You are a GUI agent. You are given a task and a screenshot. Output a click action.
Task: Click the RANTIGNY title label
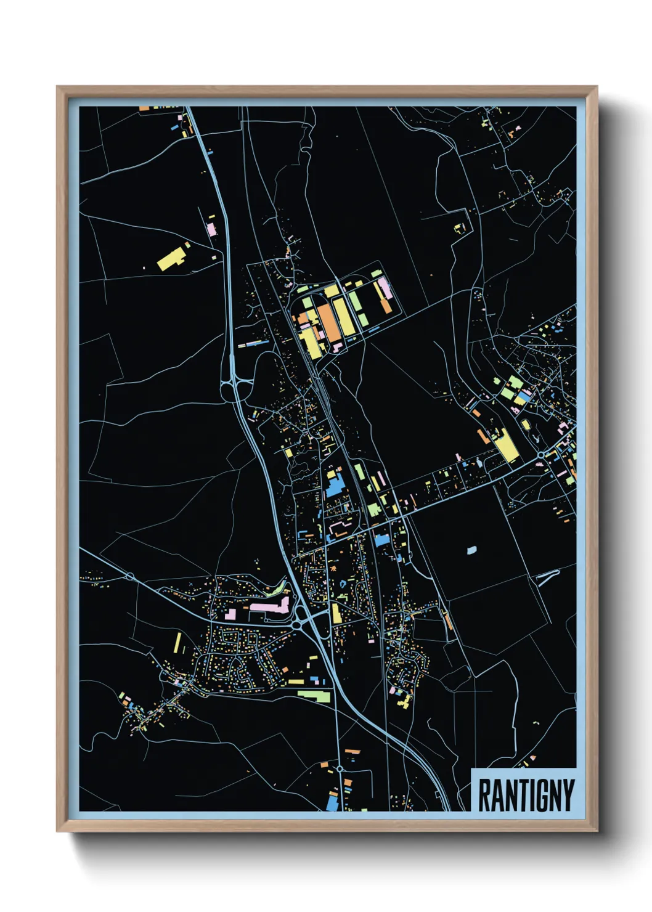[x=525, y=795]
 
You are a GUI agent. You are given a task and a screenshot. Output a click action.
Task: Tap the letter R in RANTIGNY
[x=484, y=796]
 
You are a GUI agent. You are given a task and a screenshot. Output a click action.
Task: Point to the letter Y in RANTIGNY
[x=568, y=796]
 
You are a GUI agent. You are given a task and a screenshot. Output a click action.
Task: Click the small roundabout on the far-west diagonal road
[x=130, y=577]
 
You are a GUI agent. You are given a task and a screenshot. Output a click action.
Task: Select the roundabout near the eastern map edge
[x=540, y=455]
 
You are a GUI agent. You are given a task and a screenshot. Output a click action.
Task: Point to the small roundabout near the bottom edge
[x=339, y=769]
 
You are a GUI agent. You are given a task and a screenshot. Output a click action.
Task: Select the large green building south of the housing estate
[x=314, y=696]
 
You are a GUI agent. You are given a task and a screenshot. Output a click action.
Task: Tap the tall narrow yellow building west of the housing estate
[x=178, y=643]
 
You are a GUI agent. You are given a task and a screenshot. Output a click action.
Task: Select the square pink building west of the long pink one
[x=232, y=614]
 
